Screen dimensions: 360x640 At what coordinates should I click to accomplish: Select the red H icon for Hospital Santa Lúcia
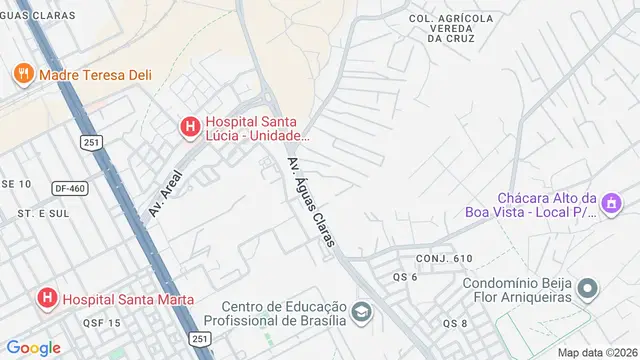coord(189,126)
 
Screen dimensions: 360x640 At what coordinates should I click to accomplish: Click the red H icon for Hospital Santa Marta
coord(46,298)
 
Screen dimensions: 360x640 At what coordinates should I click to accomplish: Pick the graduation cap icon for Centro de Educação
coord(361,312)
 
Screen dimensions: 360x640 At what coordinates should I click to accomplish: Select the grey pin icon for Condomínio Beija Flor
coord(589,290)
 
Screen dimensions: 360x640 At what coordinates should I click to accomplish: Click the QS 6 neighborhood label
coord(405,277)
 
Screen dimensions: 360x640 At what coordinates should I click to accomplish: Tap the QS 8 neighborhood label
coord(456,323)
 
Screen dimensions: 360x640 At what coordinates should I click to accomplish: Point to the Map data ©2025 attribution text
coord(596,352)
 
